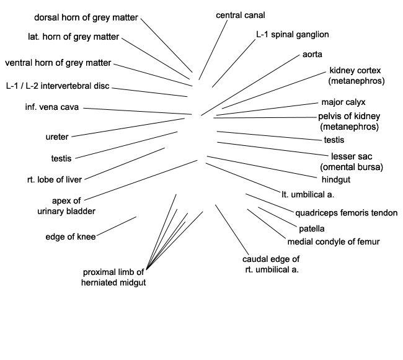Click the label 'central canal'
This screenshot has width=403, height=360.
241,15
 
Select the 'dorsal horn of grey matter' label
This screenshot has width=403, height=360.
86,17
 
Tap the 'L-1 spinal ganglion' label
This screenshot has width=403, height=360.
293,35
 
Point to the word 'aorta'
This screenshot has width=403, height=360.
312,54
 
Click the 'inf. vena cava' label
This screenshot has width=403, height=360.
52,107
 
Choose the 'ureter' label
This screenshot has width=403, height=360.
57,137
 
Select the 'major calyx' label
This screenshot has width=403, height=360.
343,102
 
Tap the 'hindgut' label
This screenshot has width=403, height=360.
336,179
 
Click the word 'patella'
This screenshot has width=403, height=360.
312,228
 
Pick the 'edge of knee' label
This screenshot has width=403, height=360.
71,236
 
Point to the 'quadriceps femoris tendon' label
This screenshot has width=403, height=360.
346,213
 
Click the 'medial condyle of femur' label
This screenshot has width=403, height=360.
334,242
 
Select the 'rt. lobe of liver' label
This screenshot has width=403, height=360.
55,179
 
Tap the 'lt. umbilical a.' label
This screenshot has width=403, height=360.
308,194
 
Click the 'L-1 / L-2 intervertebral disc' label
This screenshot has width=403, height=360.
58,86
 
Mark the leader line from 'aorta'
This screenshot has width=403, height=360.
250,85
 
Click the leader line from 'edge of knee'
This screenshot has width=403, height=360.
117,226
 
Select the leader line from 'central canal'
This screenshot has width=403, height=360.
213,50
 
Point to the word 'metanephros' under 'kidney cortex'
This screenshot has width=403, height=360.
356,81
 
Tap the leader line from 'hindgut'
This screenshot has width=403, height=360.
262,167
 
